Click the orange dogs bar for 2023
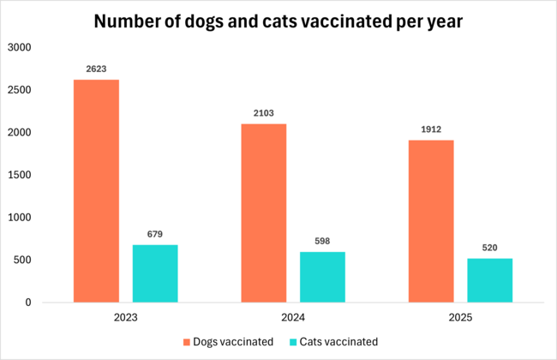tap(96, 191)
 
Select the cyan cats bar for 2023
tap(155, 273)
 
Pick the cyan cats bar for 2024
tap(322, 277)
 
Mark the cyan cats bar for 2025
tap(489, 280)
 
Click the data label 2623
tap(96, 69)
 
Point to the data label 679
tap(155, 234)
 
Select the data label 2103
tap(263, 113)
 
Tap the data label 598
tap(322, 241)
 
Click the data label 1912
tap(430, 129)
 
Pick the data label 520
tap(489, 248)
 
